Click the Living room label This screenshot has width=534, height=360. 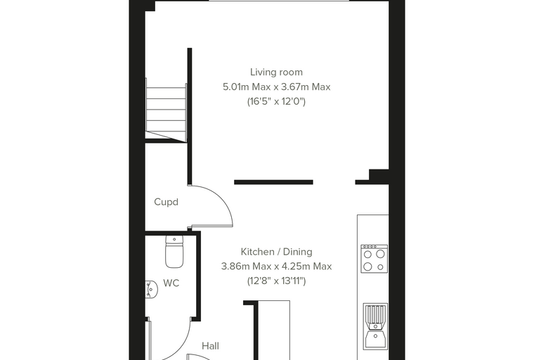[x=276, y=72]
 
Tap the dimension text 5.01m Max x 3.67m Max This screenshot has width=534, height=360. [x=277, y=87]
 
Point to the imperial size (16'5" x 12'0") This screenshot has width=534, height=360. [x=276, y=101]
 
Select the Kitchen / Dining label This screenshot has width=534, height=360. [x=276, y=252]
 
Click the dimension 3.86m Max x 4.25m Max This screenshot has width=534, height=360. [x=276, y=266]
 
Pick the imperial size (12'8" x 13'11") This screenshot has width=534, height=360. [x=276, y=281]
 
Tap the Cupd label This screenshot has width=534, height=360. [x=167, y=202]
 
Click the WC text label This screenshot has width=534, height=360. [x=171, y=283]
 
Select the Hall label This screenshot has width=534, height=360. [x=210, y=346]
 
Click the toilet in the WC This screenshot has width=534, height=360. [x=174, y=252]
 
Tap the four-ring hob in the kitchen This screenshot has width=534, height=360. [x=375, y=259]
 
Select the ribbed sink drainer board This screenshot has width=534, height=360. [x=375, y=314]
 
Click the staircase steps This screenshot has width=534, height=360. [x=166, y=109]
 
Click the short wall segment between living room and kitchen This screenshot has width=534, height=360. [x=273, y=182]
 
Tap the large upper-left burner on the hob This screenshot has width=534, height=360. [x=368, y=255]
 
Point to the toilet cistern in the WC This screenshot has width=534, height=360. [x=174, y=240]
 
